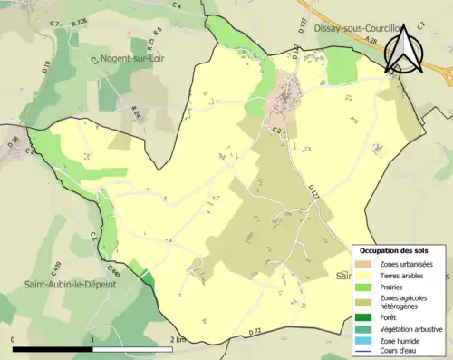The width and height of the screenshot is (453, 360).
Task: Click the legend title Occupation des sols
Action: coord(394,249)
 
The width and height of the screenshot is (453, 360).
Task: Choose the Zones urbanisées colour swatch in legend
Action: coord(363,263)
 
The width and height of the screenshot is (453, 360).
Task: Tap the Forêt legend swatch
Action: coord(363,316)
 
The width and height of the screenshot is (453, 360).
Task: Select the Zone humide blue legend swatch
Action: coord(363,340)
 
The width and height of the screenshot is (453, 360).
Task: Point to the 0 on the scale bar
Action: coord(14,340)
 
